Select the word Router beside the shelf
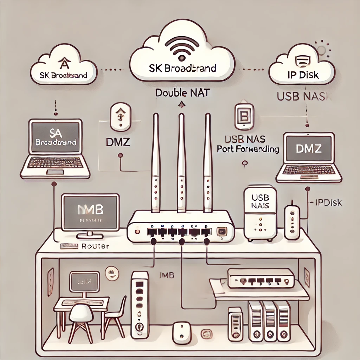click(x=95, y=246)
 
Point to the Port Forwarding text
click(x=248, y=149)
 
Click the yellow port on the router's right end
click(x=222, y=231)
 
